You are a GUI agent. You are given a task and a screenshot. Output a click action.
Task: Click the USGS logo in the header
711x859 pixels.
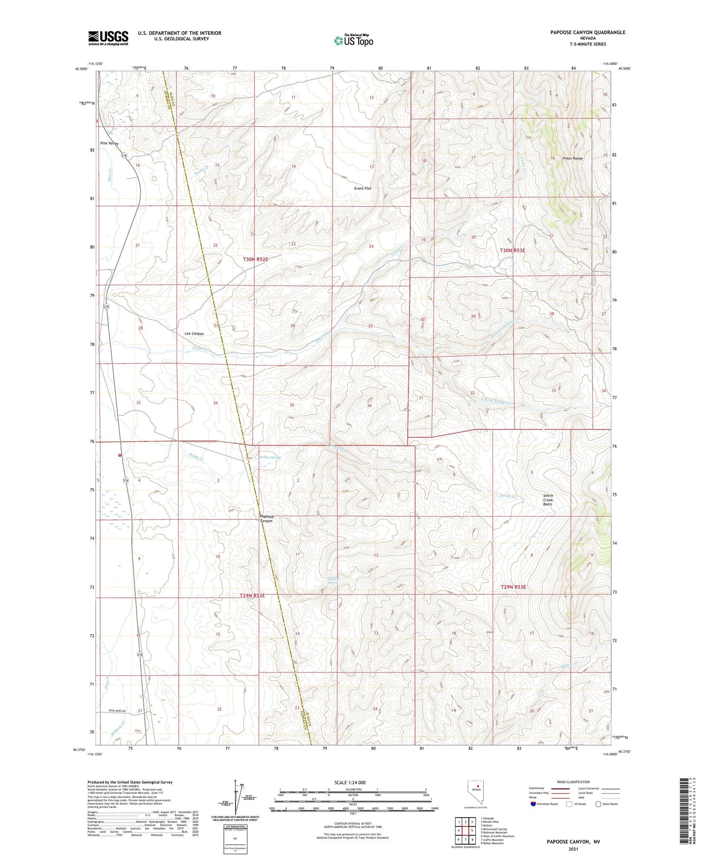coord(108,38)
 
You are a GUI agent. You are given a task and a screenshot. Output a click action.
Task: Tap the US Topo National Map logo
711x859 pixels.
coord(353,40)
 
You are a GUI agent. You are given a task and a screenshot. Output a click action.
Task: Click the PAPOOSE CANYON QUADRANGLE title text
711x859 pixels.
coord(587,32)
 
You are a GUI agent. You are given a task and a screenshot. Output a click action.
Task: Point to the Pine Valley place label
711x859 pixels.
coord(109,143)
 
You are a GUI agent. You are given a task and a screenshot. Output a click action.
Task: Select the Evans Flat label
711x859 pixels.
coord(363,188)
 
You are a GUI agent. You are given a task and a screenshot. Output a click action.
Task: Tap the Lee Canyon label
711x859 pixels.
coord(194,334)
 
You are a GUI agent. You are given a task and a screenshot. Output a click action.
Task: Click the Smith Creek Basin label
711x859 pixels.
coord(548,500)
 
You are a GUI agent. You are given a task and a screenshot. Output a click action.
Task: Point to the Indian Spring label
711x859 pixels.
coord(270,457)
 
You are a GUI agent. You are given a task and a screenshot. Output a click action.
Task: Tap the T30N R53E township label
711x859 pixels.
coord(513,250)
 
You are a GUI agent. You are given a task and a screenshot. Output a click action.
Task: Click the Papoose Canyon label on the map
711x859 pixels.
coord(266,519)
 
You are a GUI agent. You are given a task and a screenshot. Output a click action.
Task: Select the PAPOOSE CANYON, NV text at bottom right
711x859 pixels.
coord(573,842)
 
